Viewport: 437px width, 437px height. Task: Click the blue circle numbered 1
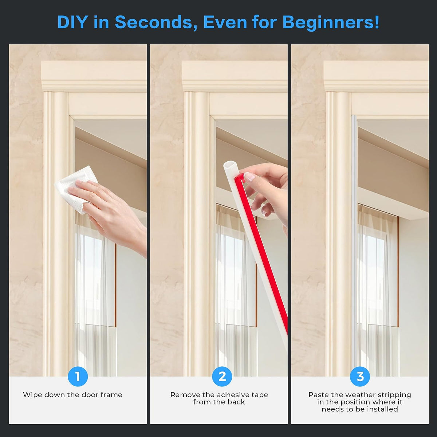pyautogui.click(x=78, y=377)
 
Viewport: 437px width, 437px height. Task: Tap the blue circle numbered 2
pyautogui.click(x=222, y=377)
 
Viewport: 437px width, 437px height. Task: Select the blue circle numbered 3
pyautogui.click(x=360, y=377)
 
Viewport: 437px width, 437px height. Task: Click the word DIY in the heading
pyautogui.click(x=72, y=22)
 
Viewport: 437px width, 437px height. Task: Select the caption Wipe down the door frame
pyautogui.click(x=72, y=395)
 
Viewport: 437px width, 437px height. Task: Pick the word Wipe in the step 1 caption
pyautogui.click(x=32, y=395)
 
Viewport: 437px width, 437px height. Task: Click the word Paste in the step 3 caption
pyautogui.click(x=319, y=395)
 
